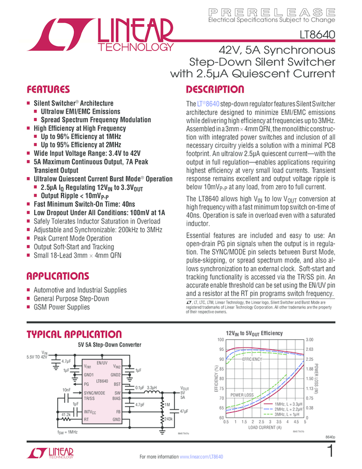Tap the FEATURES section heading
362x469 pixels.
click(x=48, y=89)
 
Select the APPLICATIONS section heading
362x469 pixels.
click(x=58, y=276)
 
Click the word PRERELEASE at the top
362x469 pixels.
click(x=272, y=11)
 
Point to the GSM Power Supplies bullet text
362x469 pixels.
click(x=61, y=307)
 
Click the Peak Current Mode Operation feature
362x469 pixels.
click(x=74, y=238)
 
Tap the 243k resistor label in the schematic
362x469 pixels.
click(x=169, y=419)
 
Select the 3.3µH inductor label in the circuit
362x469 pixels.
click(x=152, y=388)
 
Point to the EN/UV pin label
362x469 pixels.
click(x=101, y=363)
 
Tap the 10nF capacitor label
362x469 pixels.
click(x=66, y=390)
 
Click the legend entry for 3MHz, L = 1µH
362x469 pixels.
click(x=283, y=414)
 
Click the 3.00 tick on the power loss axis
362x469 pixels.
click(x=310, y=340)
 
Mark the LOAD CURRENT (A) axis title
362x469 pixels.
click(x=264, y=428)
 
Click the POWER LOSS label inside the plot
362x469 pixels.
click(x=242, y=395)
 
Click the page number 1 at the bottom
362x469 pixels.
click(x=329, y=451)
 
